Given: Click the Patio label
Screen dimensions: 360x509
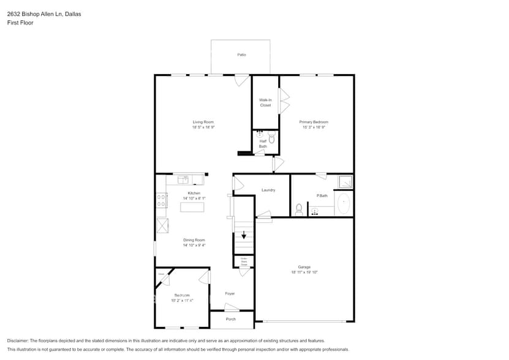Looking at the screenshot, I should click(241, 55).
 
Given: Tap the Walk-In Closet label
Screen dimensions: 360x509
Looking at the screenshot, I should click(265, 102).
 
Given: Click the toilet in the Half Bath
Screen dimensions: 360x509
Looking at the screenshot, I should click(272, 139).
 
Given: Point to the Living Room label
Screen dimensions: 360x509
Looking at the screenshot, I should click(203, 122).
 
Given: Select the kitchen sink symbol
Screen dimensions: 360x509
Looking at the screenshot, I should click(184, 179).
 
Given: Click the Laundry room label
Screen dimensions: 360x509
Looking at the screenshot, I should click(268, 190).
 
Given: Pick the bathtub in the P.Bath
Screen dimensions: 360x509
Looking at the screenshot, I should click(344, 203).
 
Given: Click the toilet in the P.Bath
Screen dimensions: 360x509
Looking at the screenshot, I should click(299, 210).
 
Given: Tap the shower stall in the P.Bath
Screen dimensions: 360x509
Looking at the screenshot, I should click(346, 182).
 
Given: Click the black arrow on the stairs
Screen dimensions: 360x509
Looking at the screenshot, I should click(244, 234).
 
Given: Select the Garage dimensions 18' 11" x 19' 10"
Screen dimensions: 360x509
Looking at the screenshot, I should click(304, 272).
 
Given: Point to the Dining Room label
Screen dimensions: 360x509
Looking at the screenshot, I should click(194, 240).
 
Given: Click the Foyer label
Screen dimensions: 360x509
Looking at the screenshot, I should click(230, 293).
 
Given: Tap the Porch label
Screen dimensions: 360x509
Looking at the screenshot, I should click(231, 319).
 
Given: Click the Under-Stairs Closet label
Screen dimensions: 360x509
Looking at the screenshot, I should click(243, 261).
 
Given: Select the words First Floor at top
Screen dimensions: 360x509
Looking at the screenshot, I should click(20, 23).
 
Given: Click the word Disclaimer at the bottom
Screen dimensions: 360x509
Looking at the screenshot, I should click(18, 340).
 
